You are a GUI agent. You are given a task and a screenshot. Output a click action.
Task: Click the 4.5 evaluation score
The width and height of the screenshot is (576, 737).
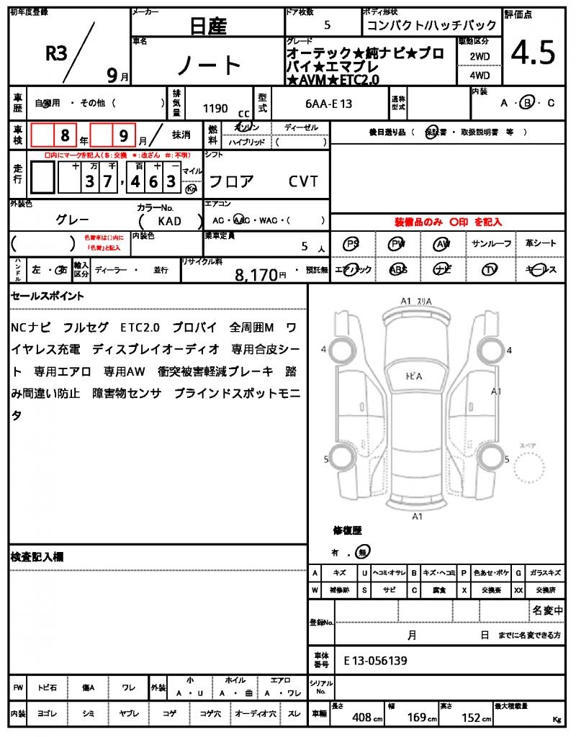click(534, 52)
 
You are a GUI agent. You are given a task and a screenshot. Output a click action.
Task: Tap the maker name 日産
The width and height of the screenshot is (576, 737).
click(208, 27)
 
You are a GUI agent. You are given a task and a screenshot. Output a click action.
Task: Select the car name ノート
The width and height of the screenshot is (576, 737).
click(209, 66)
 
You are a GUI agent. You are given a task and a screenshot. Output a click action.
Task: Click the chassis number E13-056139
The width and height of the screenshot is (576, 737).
click(375, 660)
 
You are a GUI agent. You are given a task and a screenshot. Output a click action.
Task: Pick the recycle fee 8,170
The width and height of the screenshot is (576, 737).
click(256, 274)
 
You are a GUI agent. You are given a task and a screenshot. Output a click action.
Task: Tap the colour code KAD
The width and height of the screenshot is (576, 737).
click(169, 222)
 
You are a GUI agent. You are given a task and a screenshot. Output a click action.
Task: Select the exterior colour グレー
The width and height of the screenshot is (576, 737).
click(73, 220)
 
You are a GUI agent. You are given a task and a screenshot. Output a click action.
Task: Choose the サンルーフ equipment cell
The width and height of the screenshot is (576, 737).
click(492, 244)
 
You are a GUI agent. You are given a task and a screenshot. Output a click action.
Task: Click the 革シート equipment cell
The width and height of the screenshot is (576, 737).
click(541, 244)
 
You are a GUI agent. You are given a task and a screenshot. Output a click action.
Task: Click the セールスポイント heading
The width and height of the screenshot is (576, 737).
click(48, 296)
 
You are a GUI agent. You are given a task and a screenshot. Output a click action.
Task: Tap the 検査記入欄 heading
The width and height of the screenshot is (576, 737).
click(37, 557)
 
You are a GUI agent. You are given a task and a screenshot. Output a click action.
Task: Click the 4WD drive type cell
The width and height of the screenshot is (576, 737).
click(480, 75)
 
